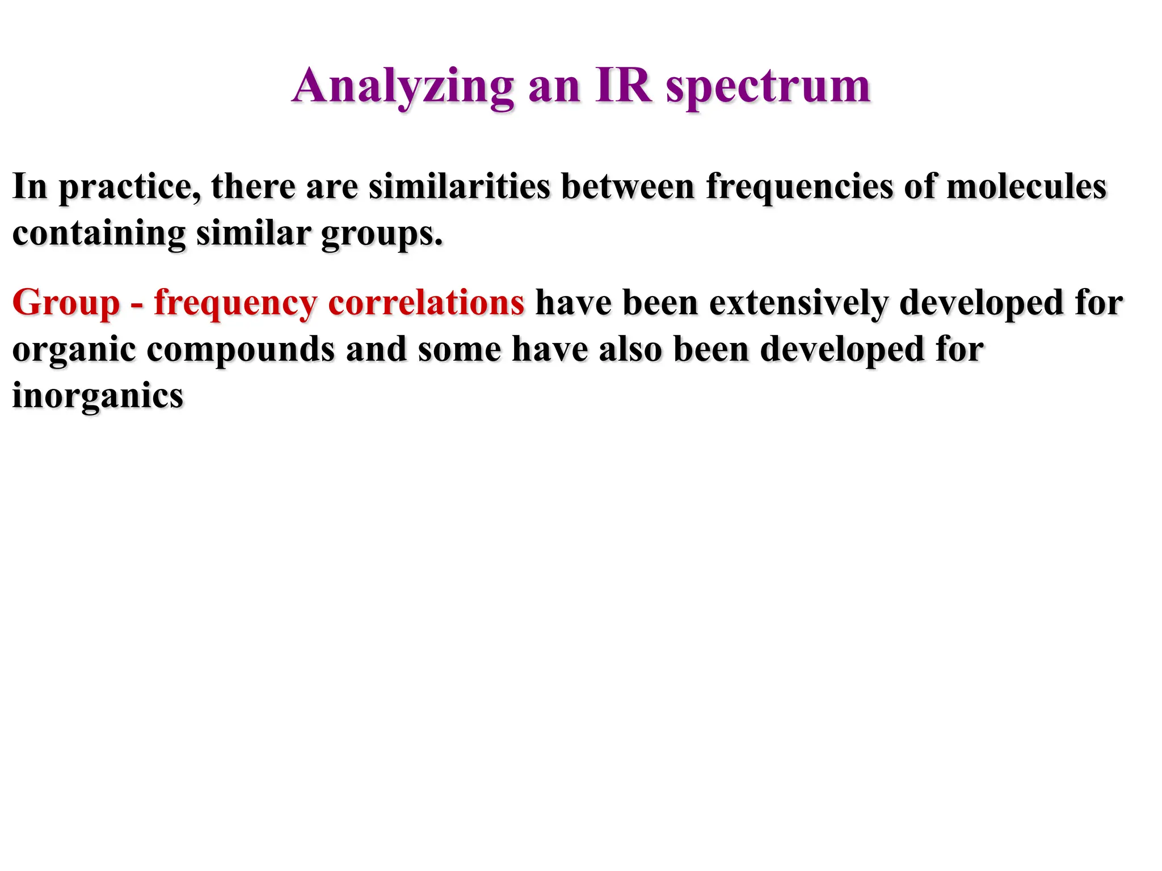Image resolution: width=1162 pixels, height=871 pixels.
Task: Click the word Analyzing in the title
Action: (x=403, y=87)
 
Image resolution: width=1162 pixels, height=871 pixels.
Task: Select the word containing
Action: (x=99, y=234)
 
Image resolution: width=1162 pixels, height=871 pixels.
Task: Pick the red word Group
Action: (x=66, y=303)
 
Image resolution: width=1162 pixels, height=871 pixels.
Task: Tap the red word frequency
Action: (x=235, y=304)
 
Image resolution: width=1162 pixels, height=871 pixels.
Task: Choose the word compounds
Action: (x=241, y=350)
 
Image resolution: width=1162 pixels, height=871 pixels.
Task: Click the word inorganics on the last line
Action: (x=98, y=395)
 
